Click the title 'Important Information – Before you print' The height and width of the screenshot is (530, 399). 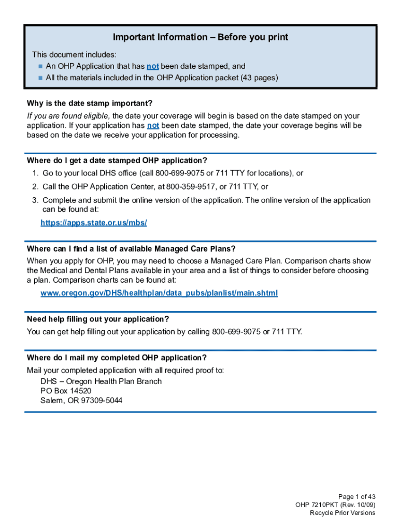click(x=201, y=37)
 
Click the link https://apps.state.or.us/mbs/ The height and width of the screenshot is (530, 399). click(x=94, y=223)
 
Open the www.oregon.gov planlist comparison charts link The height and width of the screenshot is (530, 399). click(x=159, y=293)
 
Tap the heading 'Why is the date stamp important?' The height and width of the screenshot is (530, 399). click(x=90, y=104)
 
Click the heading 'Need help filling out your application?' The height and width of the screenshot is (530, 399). click(x=98, y=319)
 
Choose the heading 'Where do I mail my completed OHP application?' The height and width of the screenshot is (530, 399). click(x=117, y=358)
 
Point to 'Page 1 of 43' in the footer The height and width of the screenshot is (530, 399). click(x=357, y=496)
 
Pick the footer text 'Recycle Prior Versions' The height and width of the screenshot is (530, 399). click(x=343, y=513)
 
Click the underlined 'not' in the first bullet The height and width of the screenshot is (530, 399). click(x=152, y=66)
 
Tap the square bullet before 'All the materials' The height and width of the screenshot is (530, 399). click(x=40, y=78)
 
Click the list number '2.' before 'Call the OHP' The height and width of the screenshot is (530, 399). click(x=35, y=187)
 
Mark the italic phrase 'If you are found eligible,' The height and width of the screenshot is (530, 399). click(x=68, y=116)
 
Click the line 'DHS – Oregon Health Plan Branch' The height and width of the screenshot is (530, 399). click(x=101, y=381)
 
